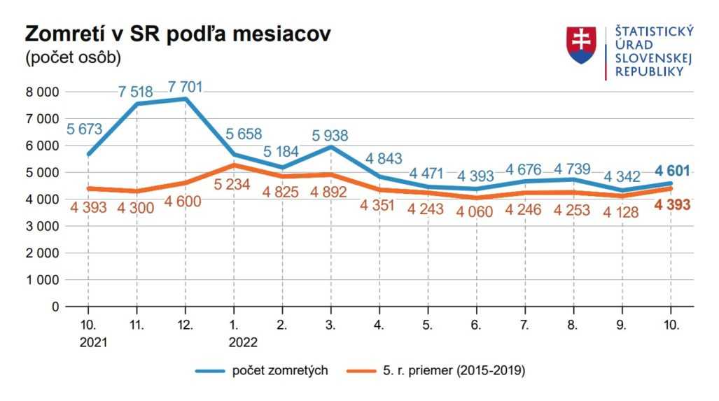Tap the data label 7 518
click(x=137, y=92)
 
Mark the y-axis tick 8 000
click(x=41, y=92)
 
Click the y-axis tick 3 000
click(x=41, y=226)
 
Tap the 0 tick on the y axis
click(x=55, y=307)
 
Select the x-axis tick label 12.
click(x=185, y=325)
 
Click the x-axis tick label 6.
click(x=476, y=325)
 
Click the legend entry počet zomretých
click(x=280, y=370)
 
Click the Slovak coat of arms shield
click(x=581, y=45)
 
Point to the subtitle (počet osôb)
click(x=73, y=58)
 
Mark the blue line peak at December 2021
click(x=185, y=99)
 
